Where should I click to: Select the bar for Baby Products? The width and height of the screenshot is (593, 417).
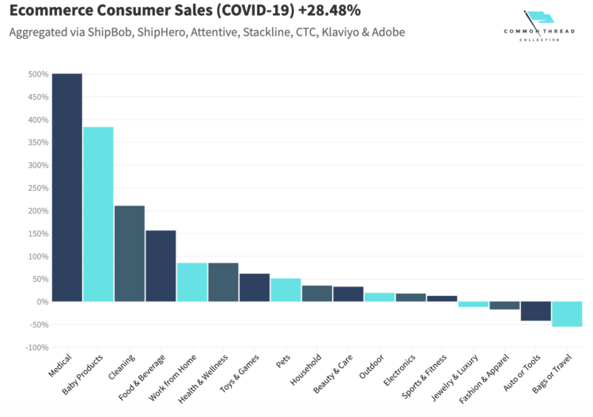(x=98, y=214)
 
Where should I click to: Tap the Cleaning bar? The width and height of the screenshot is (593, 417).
(x=130, y=253)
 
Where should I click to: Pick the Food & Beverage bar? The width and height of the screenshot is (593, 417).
(x=161, y=266)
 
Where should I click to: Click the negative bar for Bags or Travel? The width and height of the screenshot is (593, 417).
(x=567, y=314)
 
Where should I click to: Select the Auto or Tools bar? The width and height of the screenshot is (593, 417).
(x=536, y=311)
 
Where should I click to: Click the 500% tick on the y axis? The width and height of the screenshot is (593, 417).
(x=39, y=74)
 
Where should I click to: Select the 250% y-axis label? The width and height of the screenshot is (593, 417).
(x=39, y=188)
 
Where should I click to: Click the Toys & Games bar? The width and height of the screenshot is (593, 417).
(x=255, y=287)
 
